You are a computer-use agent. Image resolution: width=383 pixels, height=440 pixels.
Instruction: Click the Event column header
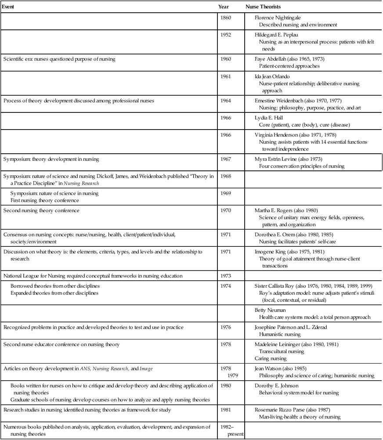[9, 7]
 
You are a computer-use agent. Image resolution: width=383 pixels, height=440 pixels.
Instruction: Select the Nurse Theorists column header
[263, 7]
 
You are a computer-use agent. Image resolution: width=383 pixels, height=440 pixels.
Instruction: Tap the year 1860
[226, 18]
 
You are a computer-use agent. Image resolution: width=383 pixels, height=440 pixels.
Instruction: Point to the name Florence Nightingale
[278, 18]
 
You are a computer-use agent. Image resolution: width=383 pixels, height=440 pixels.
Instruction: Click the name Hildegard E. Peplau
[276, 34]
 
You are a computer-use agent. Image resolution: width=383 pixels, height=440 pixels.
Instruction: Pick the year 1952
[226, 34]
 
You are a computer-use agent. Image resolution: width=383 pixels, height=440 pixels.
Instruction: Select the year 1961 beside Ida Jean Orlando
[226, 76]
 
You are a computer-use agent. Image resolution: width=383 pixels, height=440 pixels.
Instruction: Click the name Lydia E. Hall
[270, 118]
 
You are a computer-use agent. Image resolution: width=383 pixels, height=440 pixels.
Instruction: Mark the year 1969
[226, 193]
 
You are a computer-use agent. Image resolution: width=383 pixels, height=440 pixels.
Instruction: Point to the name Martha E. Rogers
[274, 210]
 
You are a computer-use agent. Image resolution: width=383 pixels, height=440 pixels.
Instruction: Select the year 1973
[226, 276]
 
